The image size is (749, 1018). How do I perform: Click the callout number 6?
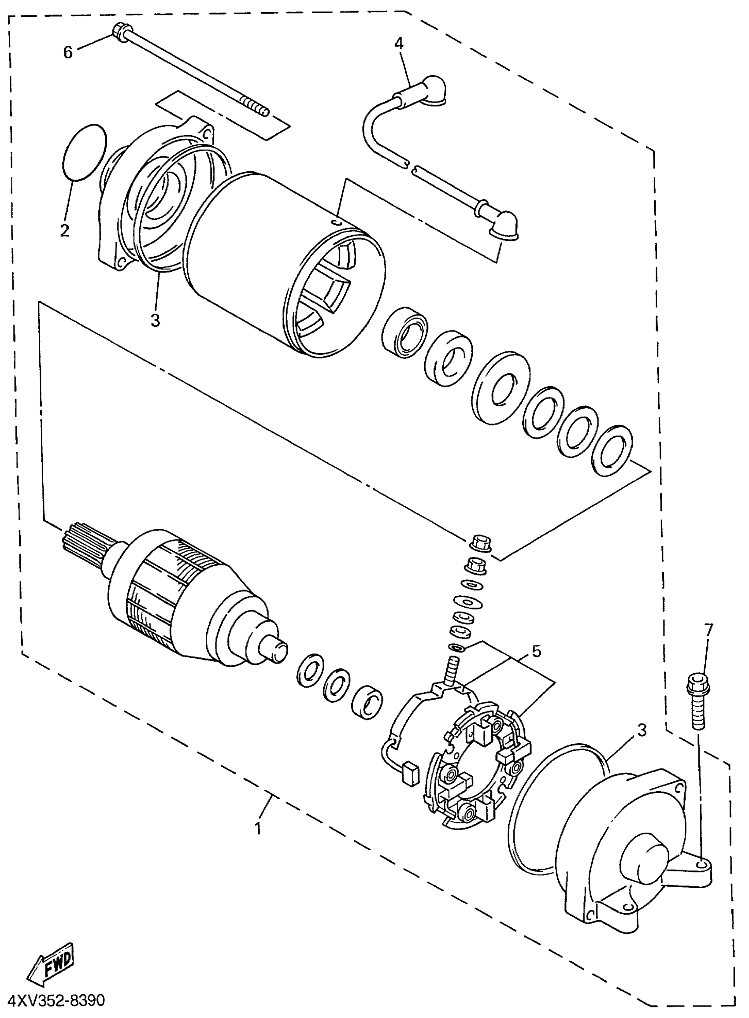[x=67, y=52]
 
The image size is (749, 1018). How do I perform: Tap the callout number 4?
[x=399, y=43]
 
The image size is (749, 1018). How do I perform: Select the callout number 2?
[x=65, y=230]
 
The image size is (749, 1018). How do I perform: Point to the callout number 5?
[x=536, y=651]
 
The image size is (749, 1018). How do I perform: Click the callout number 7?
[x=708, y=629]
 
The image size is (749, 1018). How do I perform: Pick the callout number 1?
[x=258, y=828]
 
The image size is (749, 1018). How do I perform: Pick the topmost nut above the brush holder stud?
[x=480, y=542]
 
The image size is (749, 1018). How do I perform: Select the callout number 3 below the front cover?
[x=155, y=321]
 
